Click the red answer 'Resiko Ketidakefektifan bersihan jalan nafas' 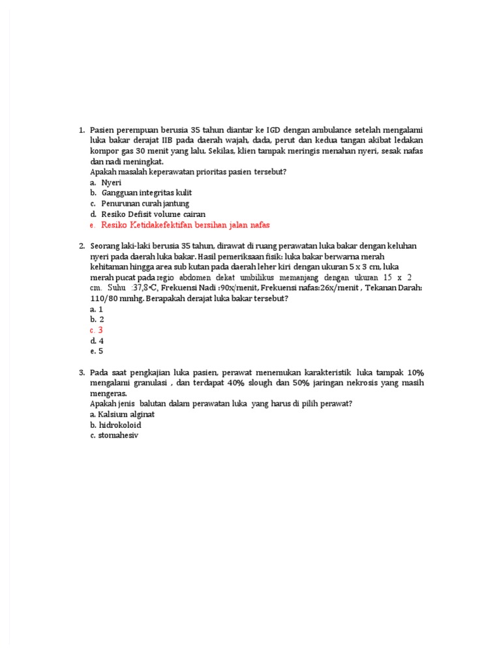(185, 225)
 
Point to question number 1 (82, 130)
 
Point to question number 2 (82, 246)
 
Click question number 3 (82, 372)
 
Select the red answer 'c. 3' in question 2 (97, 330)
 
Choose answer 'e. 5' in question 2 (97, 351)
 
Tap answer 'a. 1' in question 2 (97, 309)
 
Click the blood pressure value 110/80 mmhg (114, 298)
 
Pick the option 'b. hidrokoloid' (115, 425)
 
